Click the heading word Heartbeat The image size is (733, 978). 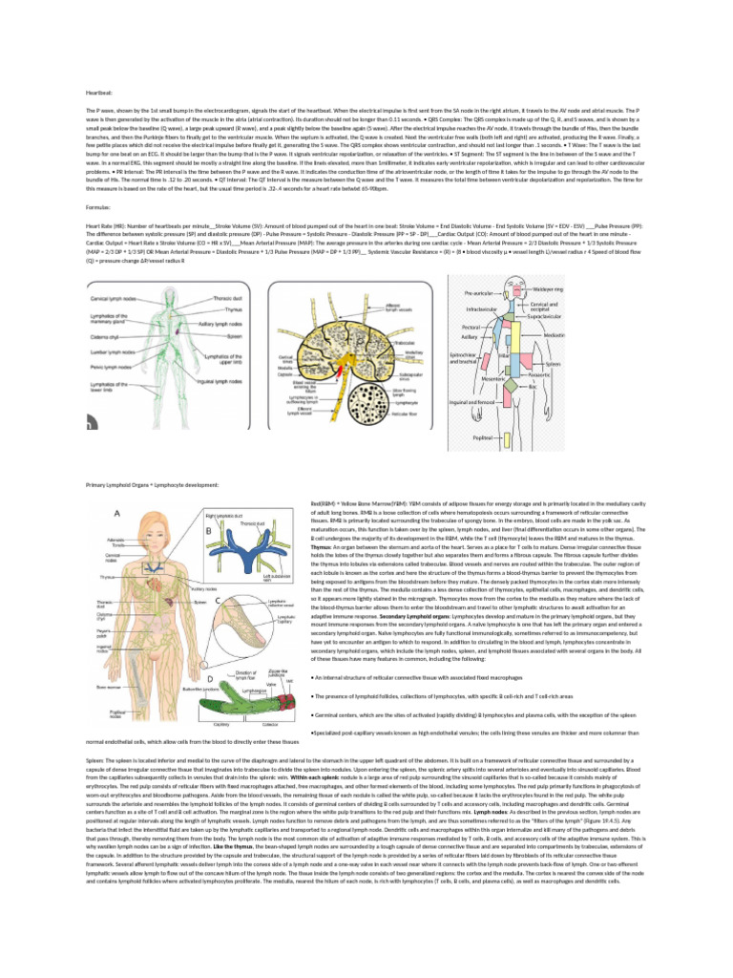[x=100, y=92]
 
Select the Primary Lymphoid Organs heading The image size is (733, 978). [x=152, y=485]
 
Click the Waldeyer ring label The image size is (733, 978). [x=546, y=261]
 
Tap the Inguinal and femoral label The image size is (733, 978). [x=471, y=402]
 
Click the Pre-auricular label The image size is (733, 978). [x=478, y=265]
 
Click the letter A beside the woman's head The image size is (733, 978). [x=116, y=513]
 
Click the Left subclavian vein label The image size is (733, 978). [x=249, y=578]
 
